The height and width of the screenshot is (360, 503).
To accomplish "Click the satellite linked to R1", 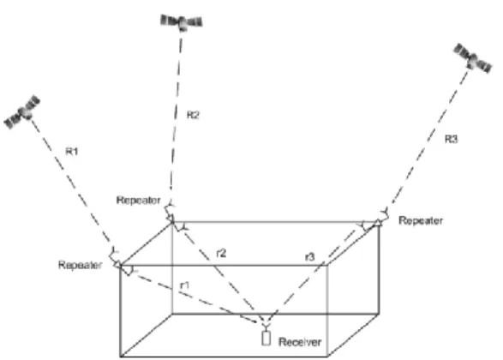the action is (x=22, y=112).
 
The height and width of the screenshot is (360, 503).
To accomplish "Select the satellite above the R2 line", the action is (x=182, y=22).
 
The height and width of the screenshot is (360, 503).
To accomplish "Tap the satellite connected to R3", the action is (x=472, y=58).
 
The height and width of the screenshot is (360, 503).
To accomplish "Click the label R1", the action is (x=72, y=151).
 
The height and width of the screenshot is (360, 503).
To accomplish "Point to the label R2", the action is (x=193, y=115).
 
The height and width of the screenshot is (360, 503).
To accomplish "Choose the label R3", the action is (x=451, y=139).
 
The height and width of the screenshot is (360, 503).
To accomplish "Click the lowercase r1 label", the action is (x=185, y=285).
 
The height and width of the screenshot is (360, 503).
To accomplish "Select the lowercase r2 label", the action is (x=221, y=254).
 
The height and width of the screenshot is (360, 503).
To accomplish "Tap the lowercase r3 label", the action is (x=310, y=256).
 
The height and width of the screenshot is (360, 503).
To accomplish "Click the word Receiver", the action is (x=300, y=342).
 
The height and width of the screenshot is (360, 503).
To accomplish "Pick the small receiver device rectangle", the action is (x=266, y=339).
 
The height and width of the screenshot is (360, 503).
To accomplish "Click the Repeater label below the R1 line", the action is (x=81, y=265).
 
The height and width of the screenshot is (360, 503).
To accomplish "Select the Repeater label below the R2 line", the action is (x=138, y=201).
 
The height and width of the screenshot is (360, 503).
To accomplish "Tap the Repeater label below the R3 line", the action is (x=421, y=221).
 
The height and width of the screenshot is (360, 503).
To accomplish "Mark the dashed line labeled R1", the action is (x=73, y=184).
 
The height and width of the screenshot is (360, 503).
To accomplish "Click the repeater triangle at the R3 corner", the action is (x=379, y=222).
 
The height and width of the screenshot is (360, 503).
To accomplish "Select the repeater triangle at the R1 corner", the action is (x=118, y=265).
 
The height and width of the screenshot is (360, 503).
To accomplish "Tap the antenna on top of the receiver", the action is (x=266, y=327).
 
